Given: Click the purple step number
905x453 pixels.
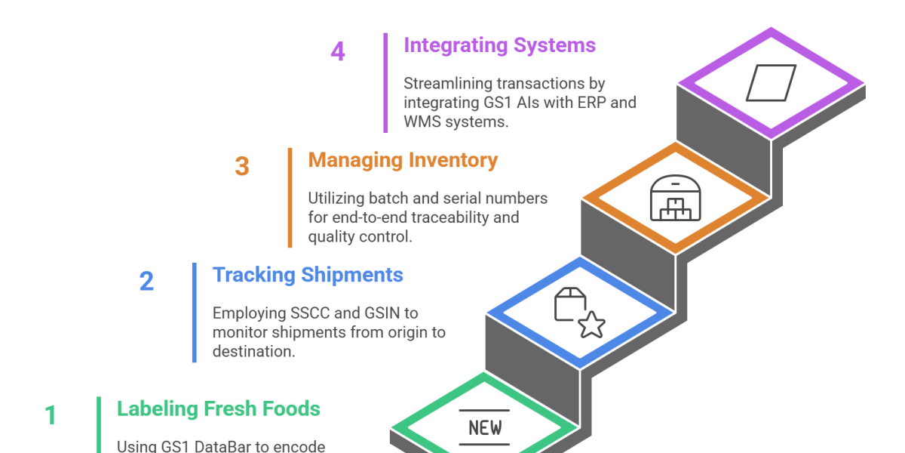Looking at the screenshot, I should [x=342, y=57].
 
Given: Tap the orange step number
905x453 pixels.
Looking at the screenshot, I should [x=247, y=174].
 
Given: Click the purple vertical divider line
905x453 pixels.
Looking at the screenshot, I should [x=385, y=82].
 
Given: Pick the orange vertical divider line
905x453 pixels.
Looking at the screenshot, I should [x=290, y=197].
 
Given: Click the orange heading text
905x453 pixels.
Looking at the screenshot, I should [x=403, y=174].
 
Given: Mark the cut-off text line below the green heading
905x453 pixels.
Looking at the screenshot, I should [x=219, y=447].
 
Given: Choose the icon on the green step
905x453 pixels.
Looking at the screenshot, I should [x=484, y=423].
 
